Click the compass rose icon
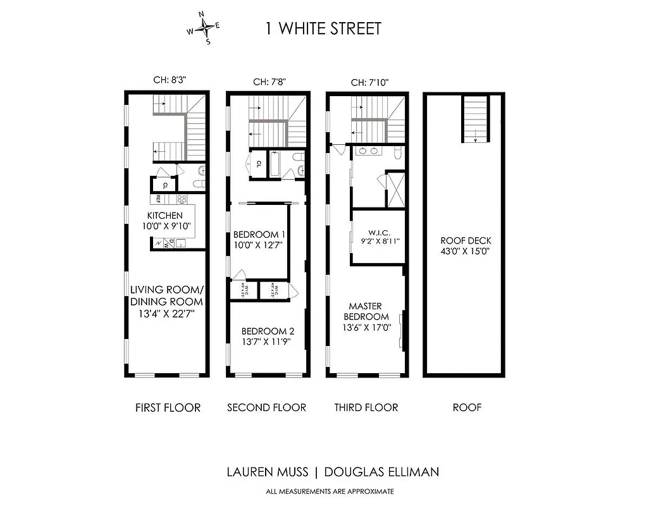[x=204, y=28]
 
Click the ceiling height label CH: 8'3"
[x=170, y=80]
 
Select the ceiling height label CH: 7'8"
[x=269, y=82]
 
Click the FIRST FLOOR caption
[x=168, y=407]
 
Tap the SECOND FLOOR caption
[x=266, y=407]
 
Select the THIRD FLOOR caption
[x=366, y=407]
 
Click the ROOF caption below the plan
[x=467, y=407]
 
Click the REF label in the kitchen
[x=159, y=198]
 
